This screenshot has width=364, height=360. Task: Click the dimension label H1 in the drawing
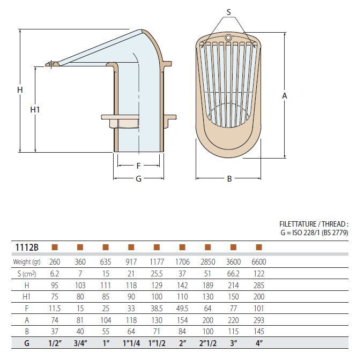click(35, 109)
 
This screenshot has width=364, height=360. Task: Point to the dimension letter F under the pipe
click(139, 166)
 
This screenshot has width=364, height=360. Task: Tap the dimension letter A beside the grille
click(284, 95)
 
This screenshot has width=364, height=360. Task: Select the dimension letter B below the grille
click(229, 178)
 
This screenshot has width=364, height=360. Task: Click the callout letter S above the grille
click(229, 12)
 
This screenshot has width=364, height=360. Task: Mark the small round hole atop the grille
click(228, 37)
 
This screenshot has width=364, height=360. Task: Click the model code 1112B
click(27, 247)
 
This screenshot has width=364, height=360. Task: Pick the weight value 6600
click(259, 262)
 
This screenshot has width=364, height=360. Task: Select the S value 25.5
click(157, 274)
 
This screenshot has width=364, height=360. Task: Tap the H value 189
click(208, 286)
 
